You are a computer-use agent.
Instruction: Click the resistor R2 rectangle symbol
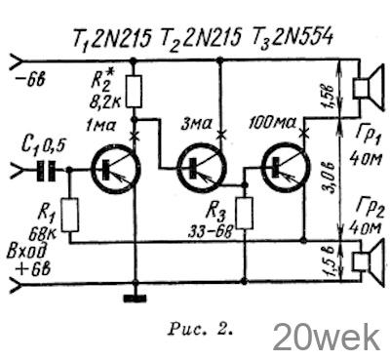click(x=134, y=92)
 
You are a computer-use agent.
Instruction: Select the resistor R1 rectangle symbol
click(x=70, y=215)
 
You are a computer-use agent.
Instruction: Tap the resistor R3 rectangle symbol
click(x=245, y=213)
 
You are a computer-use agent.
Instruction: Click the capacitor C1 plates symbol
click(x=46, y=170)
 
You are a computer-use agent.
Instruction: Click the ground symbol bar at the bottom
click(x=136, y=298)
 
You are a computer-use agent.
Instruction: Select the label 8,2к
click(x=105, y=102)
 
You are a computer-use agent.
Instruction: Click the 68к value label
click(x=43, y=233)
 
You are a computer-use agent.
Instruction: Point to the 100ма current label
click(x=272, y=123)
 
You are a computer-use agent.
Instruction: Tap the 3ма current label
click(x=196, y=124)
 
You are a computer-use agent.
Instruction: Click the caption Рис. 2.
click(x=201, y=329)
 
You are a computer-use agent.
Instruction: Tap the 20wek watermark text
click(x=327, y=338)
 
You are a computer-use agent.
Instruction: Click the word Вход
click(x=26, y=253)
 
